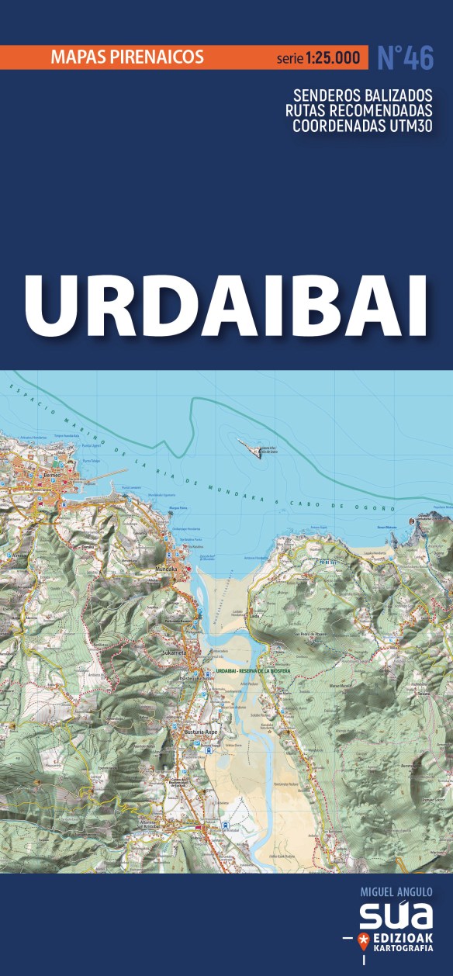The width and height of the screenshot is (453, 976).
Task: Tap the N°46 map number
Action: (405, 57)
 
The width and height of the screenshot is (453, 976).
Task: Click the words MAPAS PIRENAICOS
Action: (126, 57)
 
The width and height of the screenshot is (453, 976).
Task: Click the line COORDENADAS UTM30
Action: (362, 127)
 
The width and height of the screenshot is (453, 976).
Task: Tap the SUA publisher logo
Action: (396, 916)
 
